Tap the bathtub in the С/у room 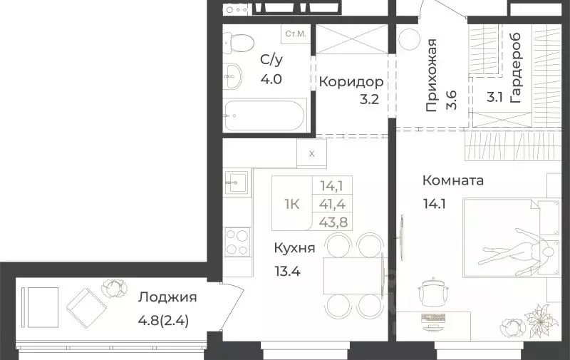265,115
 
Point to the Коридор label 346,81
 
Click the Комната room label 452,180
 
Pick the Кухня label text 294,249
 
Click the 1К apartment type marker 292,203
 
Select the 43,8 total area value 330,221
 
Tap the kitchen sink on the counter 237,180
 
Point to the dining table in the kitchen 353,274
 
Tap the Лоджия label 167,297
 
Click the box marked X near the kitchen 311,152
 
